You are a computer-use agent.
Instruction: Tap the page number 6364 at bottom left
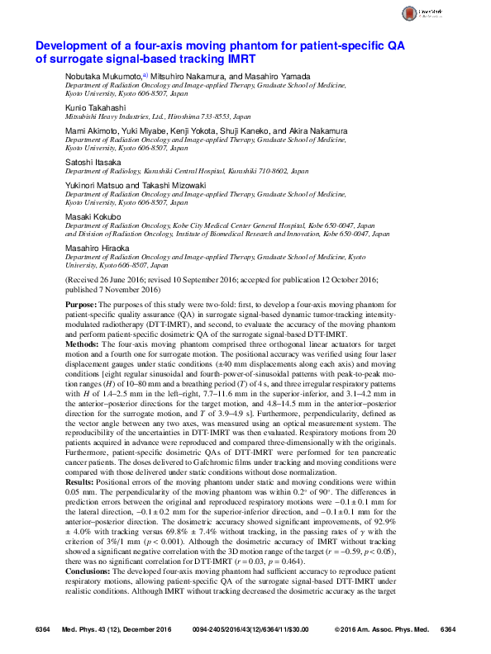[44, 630]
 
